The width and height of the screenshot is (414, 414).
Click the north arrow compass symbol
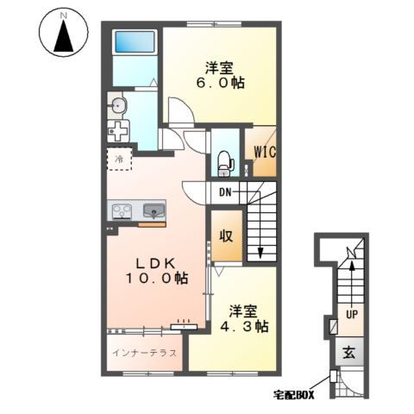pyautogui.click(x=64, y=33)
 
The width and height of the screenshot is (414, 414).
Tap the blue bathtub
pyautogui.click(x=135, y=42)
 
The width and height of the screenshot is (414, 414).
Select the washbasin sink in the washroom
pyautogui.click(x=118, y=106)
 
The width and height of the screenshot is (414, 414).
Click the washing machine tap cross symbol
pyautogui.click(x=118, y=131)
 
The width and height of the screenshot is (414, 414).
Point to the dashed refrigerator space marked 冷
pyautogui.click(x=119, y=159)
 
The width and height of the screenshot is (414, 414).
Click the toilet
pyautogui.click(x=225, y=163)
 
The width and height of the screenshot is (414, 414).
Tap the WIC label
pyautogui.click(x=265, y=152)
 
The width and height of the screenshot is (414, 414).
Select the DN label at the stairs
pyautogui.click(x=225, y=192)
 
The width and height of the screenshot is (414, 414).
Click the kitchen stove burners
pyautogui.click(x=122, y=211)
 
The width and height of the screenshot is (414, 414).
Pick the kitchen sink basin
pyautogui.click(x=154, y=210)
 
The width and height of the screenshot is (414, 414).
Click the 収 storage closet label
pyautogui.click(x=226, y=236)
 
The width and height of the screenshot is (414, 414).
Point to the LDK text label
pyautogui.click(x=155, y=263)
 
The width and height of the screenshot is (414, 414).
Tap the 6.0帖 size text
pyautogui.click(x=220, y=83)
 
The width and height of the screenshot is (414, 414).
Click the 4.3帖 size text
pyautogui.click(x=244, y=326)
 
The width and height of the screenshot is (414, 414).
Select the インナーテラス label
pyautogui.click(x=144, y=353)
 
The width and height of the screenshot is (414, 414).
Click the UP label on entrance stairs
pyautogui.click(x=352, y=315)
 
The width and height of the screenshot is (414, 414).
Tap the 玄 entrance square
pyautogui.click(x=349, y=353)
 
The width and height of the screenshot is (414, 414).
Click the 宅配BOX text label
pyautogui.click(x=293, y=395)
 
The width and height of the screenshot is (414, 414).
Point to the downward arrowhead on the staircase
pyautogui.click(x=260, y=253)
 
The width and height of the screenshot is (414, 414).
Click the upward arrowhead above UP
pyautogui.click(x=352, y=267)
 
